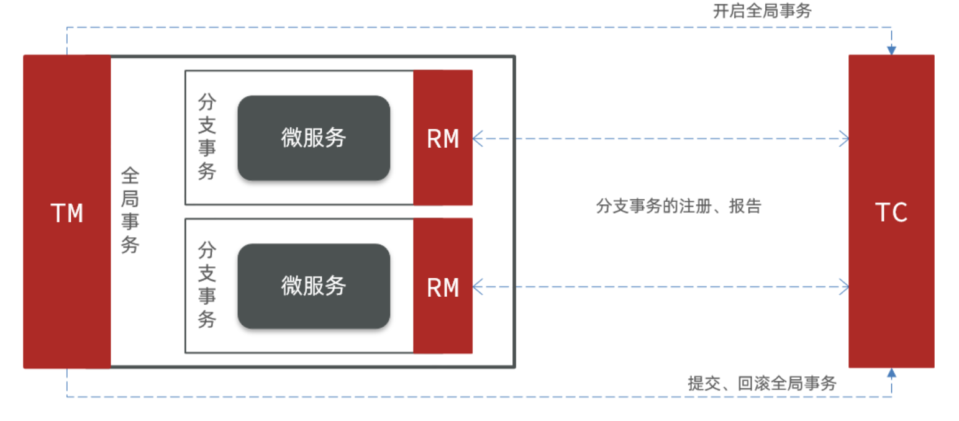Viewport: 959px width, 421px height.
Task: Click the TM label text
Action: point(67,214)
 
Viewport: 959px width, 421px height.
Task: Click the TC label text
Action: point(891,213)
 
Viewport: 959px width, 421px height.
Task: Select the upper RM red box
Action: point(443,138)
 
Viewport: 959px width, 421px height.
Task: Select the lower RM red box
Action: point(443,286)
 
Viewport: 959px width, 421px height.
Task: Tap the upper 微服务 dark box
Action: point(314,138)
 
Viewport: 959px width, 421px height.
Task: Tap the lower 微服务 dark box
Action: point(314,286)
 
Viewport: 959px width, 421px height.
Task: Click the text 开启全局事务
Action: point(761,11)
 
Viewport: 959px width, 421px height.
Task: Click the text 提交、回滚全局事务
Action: point(762,383)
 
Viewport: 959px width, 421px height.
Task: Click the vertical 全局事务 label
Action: point(130,210)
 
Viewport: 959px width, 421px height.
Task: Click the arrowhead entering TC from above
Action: point(891,50)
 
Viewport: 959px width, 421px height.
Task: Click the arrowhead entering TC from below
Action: point(891,373)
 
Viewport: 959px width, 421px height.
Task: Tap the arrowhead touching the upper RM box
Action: point(477,138)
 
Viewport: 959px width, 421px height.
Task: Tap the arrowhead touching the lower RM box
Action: point(477,286)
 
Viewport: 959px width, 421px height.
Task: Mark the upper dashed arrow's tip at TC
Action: point(845,138)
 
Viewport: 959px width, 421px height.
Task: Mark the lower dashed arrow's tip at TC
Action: point(845,286)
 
